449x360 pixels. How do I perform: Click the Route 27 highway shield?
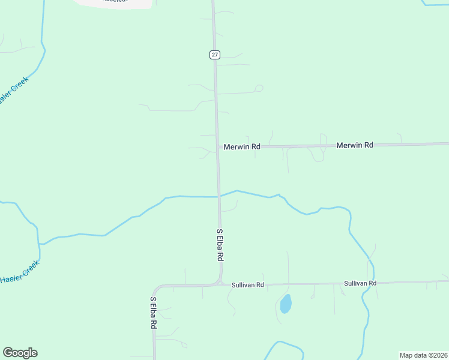(x=215, y=55)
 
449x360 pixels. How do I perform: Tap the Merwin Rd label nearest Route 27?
(x=242, y=146)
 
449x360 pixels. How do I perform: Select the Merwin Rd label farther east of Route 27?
(x=355, y=145)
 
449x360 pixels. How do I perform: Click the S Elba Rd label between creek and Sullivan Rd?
(x=220, y=245)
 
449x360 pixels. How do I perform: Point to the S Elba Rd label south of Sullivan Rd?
(x=154, y=312)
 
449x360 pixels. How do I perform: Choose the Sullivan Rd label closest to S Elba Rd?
(x=247, y=285)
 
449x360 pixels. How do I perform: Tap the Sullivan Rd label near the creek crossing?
(x=360, y=283)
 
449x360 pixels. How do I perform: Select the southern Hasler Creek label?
(x=19, y=272)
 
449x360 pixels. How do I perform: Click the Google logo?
(x=20, y=353)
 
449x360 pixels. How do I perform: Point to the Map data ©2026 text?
(x=423, y=355)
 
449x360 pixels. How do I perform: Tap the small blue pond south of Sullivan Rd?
(x=286, y=304)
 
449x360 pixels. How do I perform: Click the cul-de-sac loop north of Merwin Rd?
(x=259, y=89)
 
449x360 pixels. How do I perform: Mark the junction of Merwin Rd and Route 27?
(x=217, y=147)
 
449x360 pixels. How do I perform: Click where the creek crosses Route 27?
(x=218, y=196)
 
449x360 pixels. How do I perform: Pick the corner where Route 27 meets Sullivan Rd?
(x=220, y=284)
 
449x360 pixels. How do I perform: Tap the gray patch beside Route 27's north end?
(x=114, y=3)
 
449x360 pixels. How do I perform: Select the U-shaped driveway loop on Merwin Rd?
(x=316, y=155)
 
